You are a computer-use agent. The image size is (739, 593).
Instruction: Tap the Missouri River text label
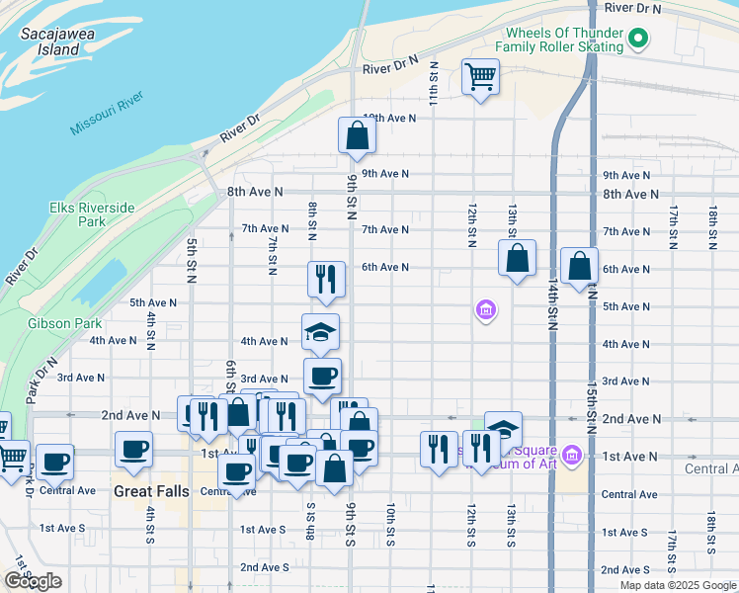point(108,114)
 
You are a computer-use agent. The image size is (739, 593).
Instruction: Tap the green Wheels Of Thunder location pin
point(638,40)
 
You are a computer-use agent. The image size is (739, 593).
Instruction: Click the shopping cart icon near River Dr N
point(480,76)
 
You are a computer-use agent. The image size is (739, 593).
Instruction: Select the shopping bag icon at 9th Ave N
point(357,136)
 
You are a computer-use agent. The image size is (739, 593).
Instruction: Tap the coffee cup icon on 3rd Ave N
point(322,377)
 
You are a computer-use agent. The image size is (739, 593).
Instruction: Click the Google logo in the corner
point(33,581)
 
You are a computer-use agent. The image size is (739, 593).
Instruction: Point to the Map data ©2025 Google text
point(677,585)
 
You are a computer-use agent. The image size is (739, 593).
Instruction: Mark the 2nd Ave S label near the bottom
point(264,567)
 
